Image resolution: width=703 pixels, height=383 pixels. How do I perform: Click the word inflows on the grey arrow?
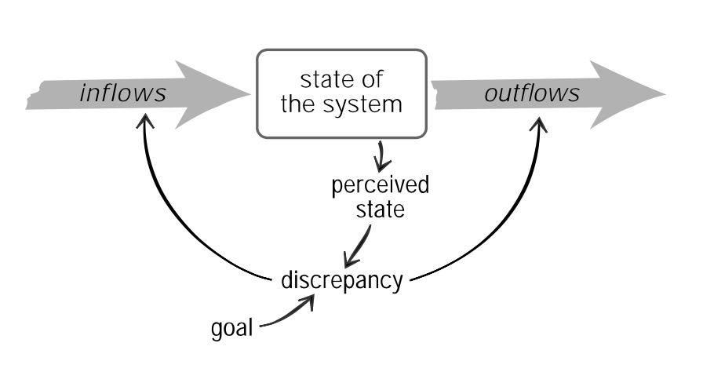123,94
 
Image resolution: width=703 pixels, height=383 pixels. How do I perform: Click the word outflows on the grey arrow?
532,94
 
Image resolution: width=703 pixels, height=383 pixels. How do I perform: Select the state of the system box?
341,92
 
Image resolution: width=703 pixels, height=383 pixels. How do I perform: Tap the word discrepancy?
341,280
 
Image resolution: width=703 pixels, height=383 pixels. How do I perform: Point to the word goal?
232,327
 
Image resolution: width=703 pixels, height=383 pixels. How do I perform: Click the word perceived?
380,187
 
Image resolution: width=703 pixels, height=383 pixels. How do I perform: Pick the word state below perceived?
379,211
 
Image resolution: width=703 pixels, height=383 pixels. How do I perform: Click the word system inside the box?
369,105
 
